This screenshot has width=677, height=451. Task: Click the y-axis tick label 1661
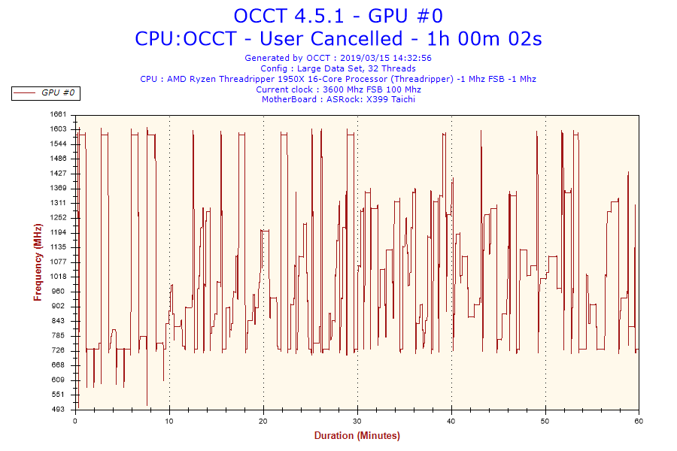[59, 115]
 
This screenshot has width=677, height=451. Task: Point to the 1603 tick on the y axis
[59, 129]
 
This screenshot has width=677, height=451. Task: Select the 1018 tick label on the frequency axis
[59, 277]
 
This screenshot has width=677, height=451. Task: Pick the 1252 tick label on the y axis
[59, 218]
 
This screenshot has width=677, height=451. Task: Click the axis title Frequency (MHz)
[38, 262]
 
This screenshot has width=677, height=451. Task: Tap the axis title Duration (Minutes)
[357, 436]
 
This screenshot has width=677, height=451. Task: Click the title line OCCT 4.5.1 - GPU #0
[338, 16]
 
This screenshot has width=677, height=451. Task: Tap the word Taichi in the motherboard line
[399, 99]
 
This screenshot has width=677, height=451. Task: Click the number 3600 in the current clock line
[334, 89]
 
